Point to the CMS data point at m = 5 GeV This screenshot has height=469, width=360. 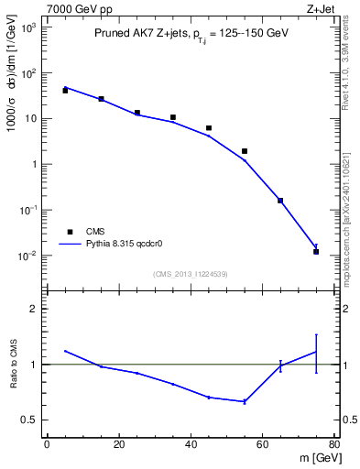click(x=65, y=91)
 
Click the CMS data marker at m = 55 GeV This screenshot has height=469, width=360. click(x=245, y=151)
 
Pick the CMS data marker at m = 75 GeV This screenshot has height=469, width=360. click(x=316, y=251)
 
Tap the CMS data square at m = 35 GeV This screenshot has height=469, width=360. click(x=173, y=117)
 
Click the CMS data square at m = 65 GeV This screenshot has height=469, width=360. click(x=280, y=201)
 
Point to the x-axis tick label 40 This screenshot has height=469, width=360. click(x=191, y=445)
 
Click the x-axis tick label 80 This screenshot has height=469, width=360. click(x=334, y=445)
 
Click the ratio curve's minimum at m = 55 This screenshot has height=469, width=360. click(x=245, y=401)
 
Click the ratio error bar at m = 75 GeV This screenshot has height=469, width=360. click(x=316, y=353)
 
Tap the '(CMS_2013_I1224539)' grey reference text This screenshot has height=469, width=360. click(x=190, y=273)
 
